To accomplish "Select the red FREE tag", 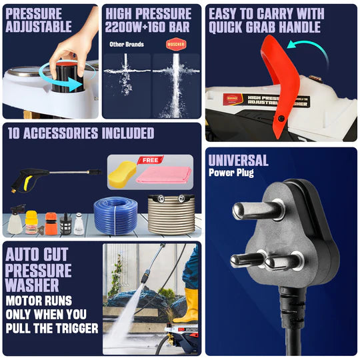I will [x=150, y=160].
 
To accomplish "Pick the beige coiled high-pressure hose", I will [x=171, y=213].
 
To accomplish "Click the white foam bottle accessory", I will [x=15, y=219].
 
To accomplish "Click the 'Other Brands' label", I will [x=127, y=45].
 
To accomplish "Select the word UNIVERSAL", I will [x=238, y=160].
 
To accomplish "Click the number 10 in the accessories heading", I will [x=15, y=133].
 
